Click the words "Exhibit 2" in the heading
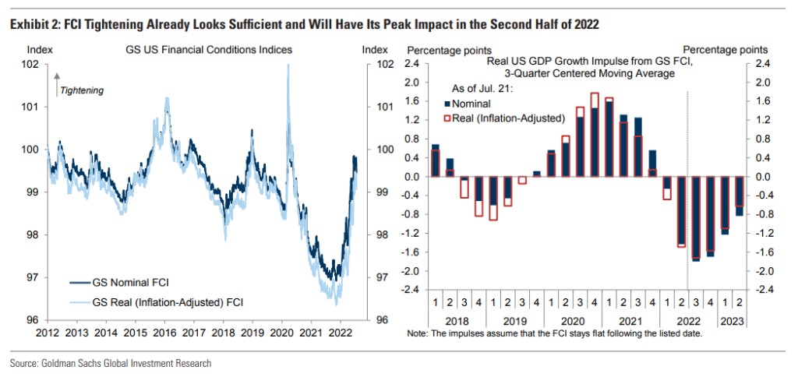click(30, 24)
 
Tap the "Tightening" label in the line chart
click(82, 90)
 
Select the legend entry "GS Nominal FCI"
click(126, 281)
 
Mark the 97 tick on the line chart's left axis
click(41, 277)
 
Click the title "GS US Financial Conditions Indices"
click(209, 50)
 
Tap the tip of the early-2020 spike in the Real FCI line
click(289, 65)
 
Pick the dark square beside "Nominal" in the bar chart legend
click(447, 103)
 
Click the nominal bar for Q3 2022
click(695, 218)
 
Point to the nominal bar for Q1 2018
click(435, 161)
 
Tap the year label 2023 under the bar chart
click(732, 319)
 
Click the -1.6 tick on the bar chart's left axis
click(412, 252)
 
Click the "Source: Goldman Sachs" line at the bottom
click(110, 363)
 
